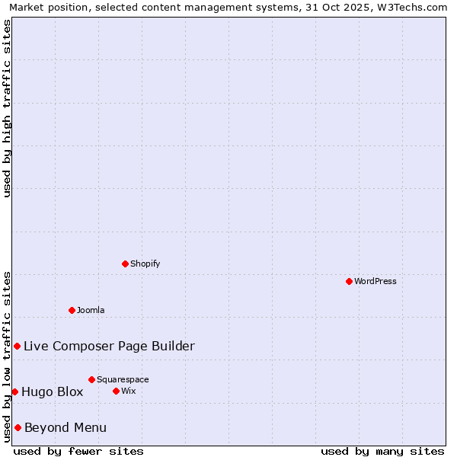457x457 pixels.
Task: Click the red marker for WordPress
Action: click(349, 281)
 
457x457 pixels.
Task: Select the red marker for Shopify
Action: click(125, 264)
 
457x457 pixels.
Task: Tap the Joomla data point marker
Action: click(72, 310)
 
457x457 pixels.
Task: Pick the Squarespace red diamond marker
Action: click(91, 379)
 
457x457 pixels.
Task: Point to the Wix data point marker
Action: click(116, 391)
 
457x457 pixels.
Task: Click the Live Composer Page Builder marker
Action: click(17, 346)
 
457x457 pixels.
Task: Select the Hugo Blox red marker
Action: click(14, 391)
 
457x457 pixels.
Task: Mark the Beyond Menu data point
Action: click(18, 427)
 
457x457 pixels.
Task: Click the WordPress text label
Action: click(376, 281)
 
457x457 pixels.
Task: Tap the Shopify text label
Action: click(145, 264)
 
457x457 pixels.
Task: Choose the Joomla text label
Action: click(91, 310)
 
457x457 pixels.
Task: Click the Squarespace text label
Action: click(123, 379)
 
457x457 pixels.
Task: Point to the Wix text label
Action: click(128, 391)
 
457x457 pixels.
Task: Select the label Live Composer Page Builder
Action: click(109, 346)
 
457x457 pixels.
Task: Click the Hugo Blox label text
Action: click(52, 391)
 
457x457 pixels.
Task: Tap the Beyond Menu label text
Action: click(66, 427)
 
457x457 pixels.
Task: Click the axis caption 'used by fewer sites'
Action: click(78, 451)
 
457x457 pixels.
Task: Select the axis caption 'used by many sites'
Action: click(382, 451)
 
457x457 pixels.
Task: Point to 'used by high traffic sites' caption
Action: click(7, 108)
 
